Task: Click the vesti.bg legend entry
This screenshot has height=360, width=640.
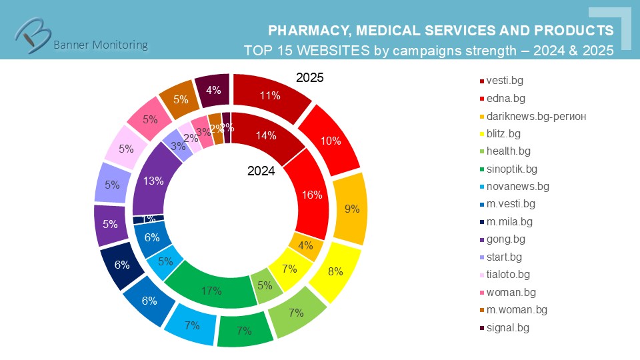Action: pos(504,81)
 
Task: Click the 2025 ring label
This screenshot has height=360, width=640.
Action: pos(309,78)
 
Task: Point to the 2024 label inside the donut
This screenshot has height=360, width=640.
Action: pos(261,171)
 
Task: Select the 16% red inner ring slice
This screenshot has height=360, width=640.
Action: pos(312,195)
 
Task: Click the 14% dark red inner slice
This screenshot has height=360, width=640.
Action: pos(265,136)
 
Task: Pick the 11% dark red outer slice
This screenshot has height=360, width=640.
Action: pos(269,95)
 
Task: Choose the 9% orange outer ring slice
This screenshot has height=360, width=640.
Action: pos(351,209)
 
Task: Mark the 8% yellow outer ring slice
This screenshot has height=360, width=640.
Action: pos(336,271)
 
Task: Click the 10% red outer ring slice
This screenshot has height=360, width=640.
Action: pos(330,141)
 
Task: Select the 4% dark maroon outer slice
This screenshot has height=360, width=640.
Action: pos(213,89)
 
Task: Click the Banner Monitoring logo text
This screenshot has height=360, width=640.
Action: pos(100,45)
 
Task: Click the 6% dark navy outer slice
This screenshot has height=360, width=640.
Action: pos(121,265)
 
